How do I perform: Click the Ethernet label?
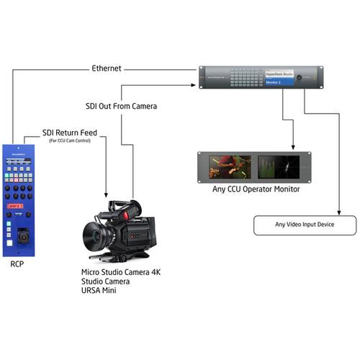[107, 69]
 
